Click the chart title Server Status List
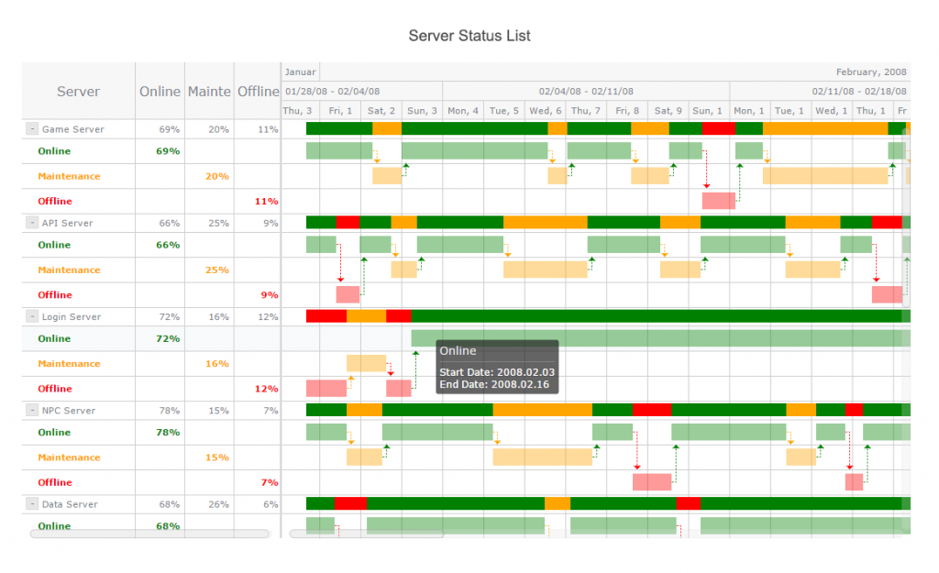point(469,36)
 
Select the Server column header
point(78,91)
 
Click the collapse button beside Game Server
point(31,129)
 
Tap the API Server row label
point(67,223)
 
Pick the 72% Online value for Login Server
point(167,338)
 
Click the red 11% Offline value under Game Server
point(267,201)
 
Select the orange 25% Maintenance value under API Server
point(217,270)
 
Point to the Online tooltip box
point(497,367)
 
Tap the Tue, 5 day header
point(503,111)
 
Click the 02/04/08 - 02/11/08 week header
point(585,91)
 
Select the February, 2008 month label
point(870,72)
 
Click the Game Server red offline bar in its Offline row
point(718,201)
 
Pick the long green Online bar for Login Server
point(656,338)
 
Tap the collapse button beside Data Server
point(31,504)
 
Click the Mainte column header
point(209,91)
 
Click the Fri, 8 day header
point(626,111)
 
